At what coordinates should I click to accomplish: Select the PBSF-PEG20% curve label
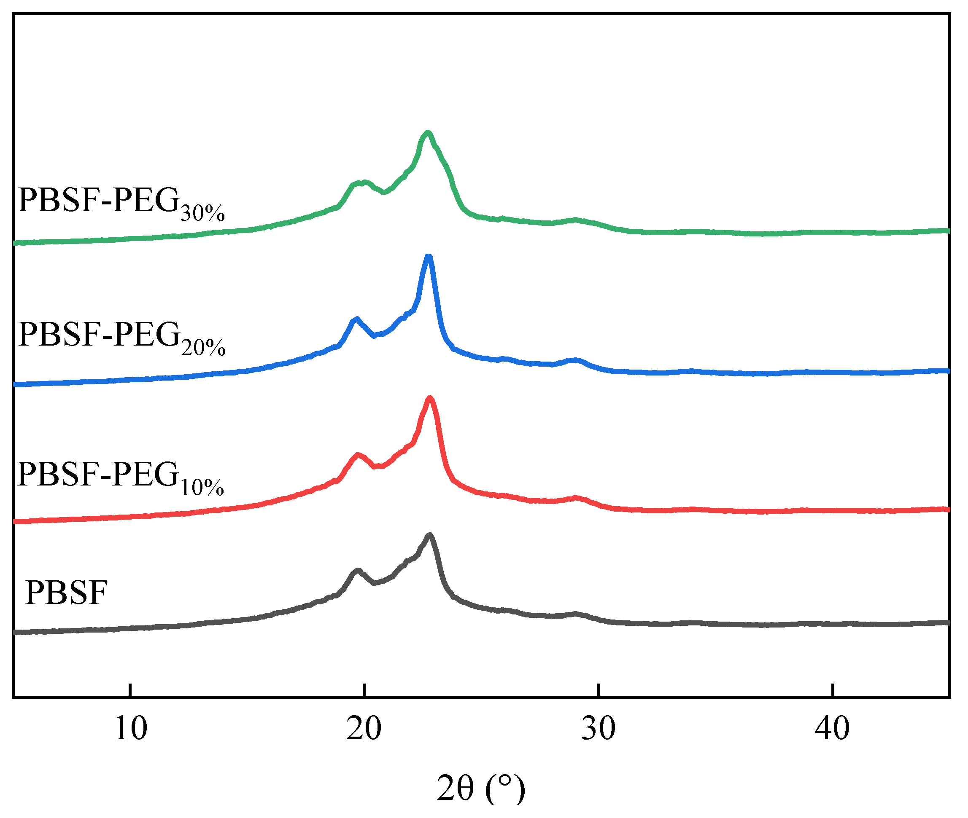pyautogui.click(x=121, y=337)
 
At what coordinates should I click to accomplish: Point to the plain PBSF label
pyautogui.click(x=66, y=593)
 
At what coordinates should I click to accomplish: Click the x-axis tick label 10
pyautogui.click(x=130, y=729)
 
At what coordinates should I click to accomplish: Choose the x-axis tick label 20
pyautogui.click(x=364, y=729)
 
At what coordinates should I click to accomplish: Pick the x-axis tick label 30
pyautogui.click(x=598, y=729)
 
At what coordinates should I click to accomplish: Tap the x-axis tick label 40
pyautogui.click(x=833, y=729)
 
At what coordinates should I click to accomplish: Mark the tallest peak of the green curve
pyautogui.click(x=427, y=133)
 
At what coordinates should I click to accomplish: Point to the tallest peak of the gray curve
pyautogui.click(x=429, y=536)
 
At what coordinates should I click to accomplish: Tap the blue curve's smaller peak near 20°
pyautogui.click(x=356, y=319)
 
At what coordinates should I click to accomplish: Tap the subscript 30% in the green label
pyautogui.click(x=203, y=213)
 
